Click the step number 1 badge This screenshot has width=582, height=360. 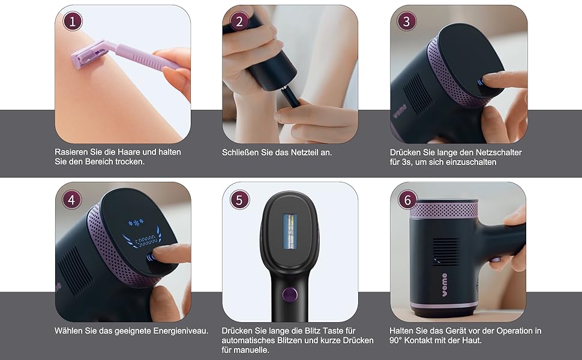coord(73,21)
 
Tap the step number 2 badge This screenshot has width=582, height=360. coord(239,21)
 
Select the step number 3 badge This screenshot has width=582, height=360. coord(406,21)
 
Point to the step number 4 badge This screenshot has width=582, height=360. coord(71,200)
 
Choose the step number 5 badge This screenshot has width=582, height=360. coord(239,200)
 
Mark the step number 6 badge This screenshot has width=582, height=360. coord(407,200)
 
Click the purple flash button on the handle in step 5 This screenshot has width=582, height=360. coord(290,295)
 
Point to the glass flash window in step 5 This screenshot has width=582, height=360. coord(290,232)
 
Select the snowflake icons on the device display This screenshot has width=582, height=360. coord(136,223)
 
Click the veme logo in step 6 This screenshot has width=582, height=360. coord(444,284)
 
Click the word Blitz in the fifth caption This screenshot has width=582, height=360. coord(313,331)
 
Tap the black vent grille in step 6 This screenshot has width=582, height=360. coord(445,252)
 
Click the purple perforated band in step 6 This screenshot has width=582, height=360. coord(444,210)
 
